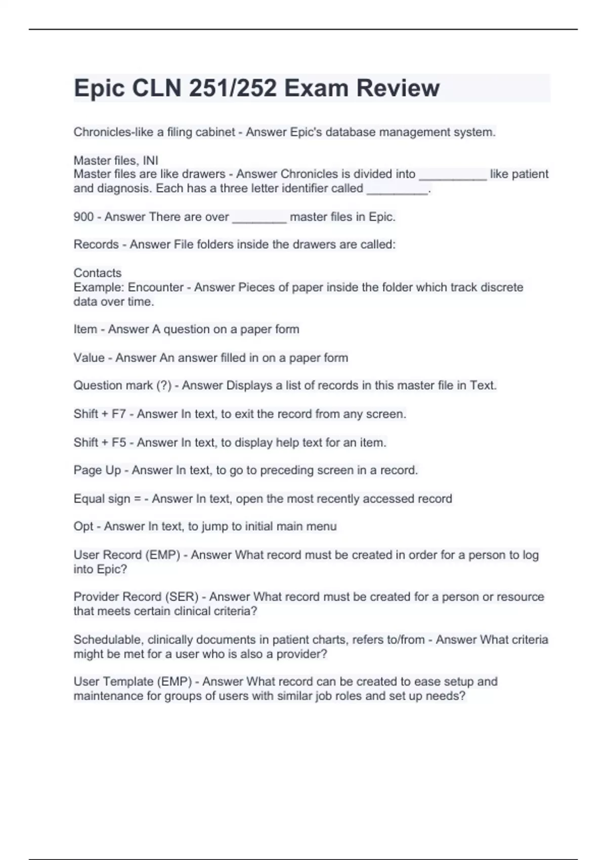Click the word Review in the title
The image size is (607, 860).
(x=398, y=88)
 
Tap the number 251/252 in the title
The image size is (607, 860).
(x=233, y=88)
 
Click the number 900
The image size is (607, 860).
(x=83, y=217)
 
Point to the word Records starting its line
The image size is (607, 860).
(x=96, y=245)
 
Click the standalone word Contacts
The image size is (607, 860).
(x=98, y=273)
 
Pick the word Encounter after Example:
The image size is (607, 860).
(x=155, y=287)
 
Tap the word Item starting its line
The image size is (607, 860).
(x=85, y=329)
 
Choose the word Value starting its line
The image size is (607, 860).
(x=89, y=358)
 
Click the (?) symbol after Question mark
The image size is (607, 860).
(x=164, y=385)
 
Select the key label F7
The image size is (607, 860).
(x=119, y=414)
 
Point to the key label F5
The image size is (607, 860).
(x=119, y=443)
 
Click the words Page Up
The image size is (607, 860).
(x=97, y=470)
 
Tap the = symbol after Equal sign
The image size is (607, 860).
(x=137, y=499)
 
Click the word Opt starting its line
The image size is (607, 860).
(x=83, y=527)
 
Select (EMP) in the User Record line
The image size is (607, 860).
(x=163, y=555)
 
